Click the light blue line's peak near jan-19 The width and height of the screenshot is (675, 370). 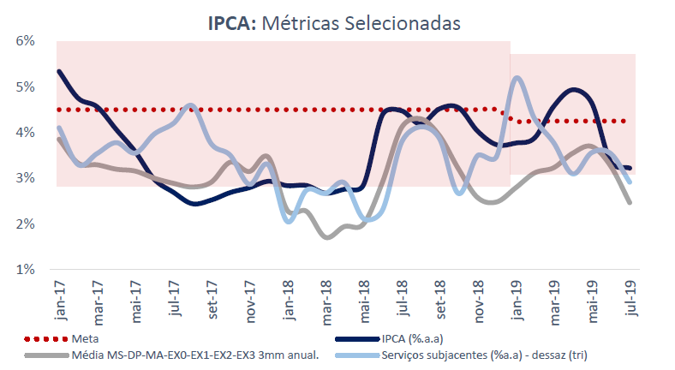tap(517, 78)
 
